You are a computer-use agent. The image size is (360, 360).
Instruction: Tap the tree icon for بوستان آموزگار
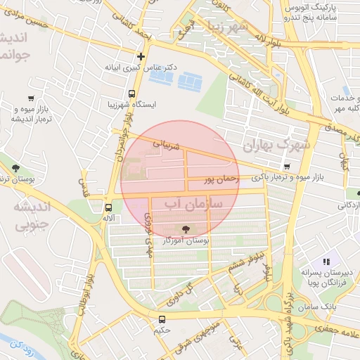point(186,229)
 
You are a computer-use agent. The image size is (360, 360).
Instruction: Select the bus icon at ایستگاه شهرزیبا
point(131,94)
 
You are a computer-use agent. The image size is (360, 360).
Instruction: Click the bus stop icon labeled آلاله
point(108,207)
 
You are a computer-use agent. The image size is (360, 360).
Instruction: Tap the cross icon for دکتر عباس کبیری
point(141,56)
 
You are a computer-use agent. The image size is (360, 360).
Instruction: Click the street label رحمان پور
point(221,181)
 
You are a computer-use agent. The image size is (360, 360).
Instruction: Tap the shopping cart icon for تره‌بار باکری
point(286,166)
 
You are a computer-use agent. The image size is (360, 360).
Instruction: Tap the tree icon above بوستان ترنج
point(15,167)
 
